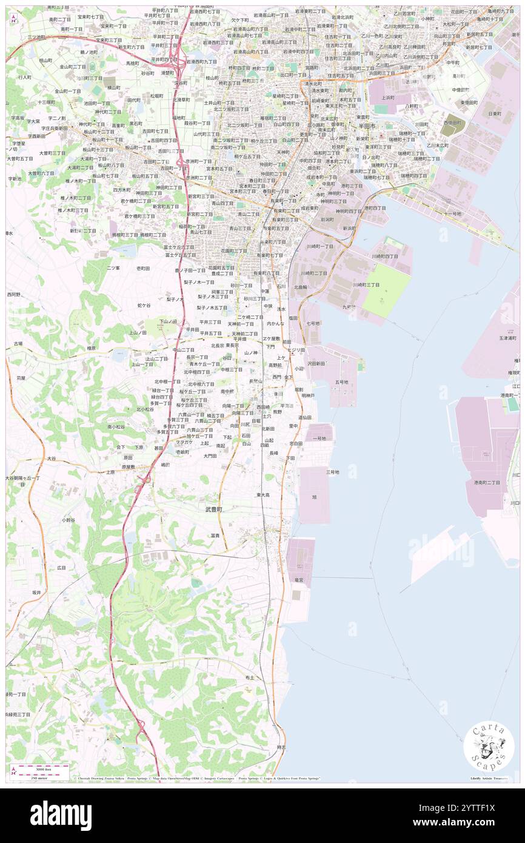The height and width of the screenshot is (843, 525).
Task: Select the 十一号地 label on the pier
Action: [x=452, y=213]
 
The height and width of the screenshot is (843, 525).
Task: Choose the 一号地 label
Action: [x=319, y=438]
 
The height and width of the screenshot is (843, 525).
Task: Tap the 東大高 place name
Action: [x=262, y=495]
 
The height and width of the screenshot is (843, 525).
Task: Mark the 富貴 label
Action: [x=215, y=535]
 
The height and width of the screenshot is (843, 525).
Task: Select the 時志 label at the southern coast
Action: [x=281, y=747]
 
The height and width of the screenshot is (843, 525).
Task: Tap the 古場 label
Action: [x=18, y=344]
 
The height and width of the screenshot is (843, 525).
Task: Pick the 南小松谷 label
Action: [x=116, y=427]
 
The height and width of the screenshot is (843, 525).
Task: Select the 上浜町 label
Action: [x=386, y=97]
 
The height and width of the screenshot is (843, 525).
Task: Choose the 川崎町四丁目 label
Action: [x=385, y=257]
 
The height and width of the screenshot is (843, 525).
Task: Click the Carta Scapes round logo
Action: [x=489, y=747]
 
